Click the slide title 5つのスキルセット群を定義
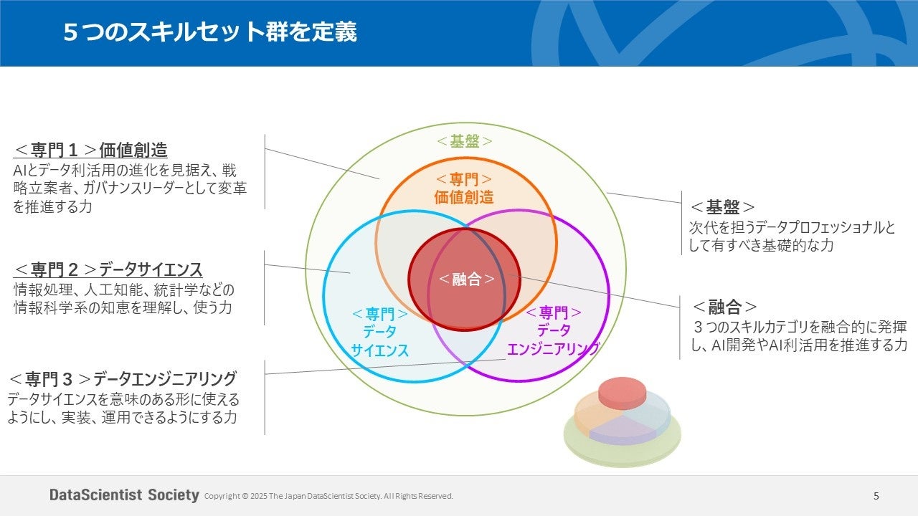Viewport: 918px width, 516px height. (x=209, y=32)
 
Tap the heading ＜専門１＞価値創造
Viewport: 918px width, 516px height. (x=90, y=150)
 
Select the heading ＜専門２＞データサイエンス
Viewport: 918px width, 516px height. (x=108, y=270)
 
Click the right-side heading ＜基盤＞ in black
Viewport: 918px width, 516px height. (x=722, y=207)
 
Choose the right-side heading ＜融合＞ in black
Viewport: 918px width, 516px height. (x=724, y=307)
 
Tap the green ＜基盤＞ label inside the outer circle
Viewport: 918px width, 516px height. (x=465, y=141)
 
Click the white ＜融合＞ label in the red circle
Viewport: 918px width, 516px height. (x=466, y=279)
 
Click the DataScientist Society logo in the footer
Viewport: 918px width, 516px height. (x=124, y=495)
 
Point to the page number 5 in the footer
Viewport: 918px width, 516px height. (x=876, y=495)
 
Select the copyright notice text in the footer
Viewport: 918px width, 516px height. (x=328, y=496)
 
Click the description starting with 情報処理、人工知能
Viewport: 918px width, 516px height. (x=124, y=299)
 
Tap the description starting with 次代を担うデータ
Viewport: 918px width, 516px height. (x=792, y=236)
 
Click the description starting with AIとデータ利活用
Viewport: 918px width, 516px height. (x=125, y=188)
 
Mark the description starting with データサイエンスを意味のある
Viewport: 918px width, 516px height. (x=123, y=408)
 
